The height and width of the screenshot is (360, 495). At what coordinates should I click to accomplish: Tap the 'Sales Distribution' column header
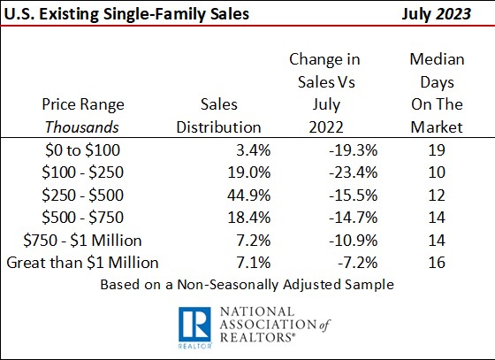click(218, 115)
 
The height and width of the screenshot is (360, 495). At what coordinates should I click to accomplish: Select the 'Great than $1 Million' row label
click(82, 263)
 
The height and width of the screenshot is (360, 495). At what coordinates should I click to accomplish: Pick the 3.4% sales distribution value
click(254, 150)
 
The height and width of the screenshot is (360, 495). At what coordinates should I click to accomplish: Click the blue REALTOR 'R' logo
click(192, 326)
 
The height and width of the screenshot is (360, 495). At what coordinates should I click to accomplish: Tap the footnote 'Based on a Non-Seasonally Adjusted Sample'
click(248, 286)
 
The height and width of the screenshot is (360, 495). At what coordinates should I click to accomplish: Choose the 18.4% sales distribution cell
click(250, 218)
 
